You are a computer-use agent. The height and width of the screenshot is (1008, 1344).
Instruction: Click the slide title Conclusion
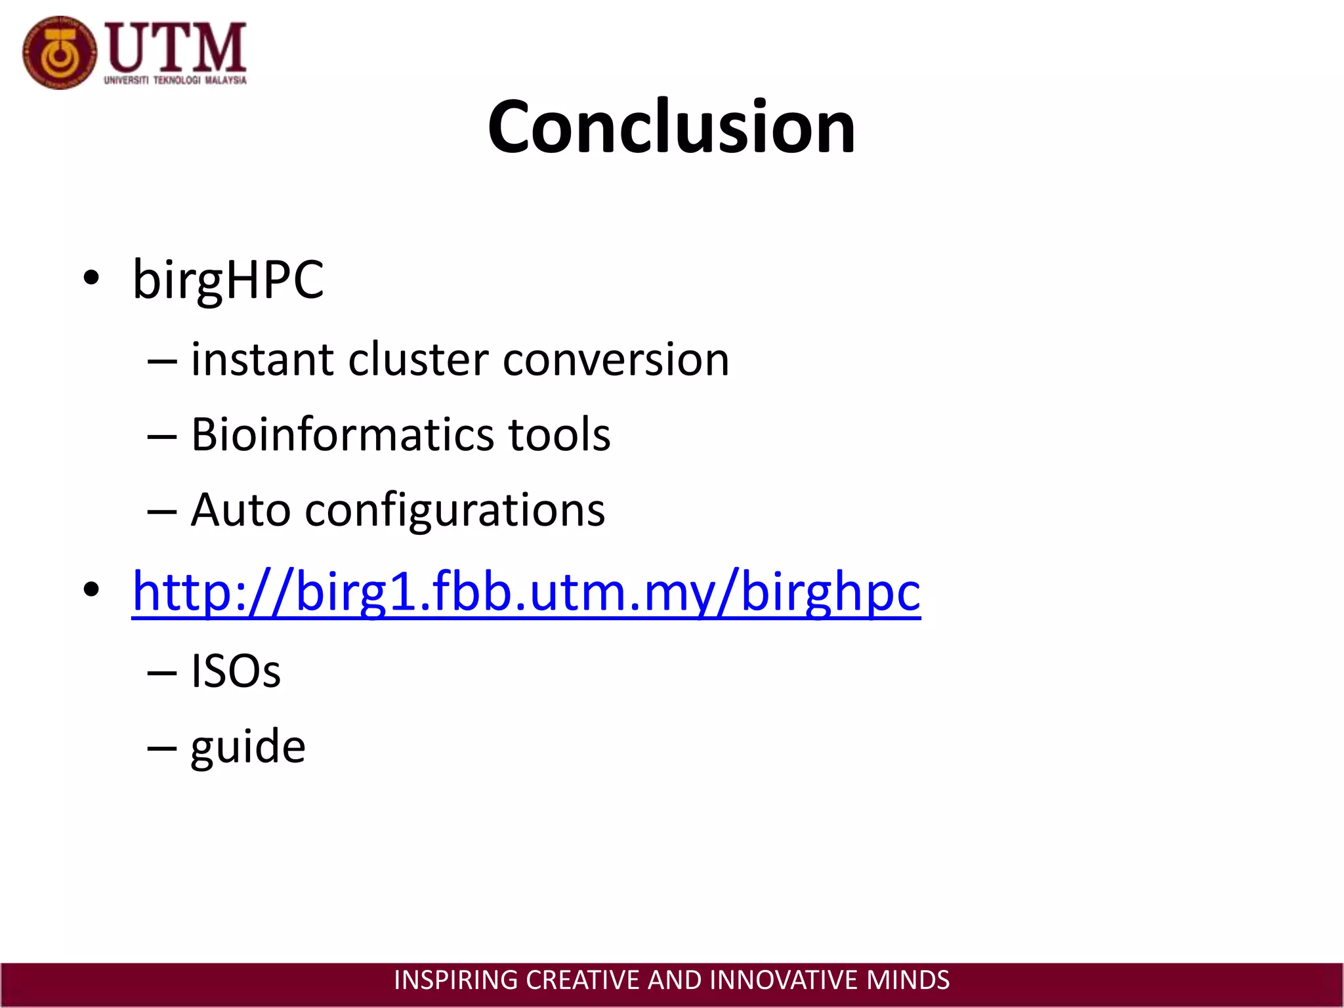coord(671,127)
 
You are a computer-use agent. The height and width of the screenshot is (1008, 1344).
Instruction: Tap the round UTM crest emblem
coord(59,53)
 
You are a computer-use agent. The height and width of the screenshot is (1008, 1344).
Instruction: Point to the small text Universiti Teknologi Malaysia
coord(175,81)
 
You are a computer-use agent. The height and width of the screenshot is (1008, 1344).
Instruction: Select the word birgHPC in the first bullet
coord(228,280)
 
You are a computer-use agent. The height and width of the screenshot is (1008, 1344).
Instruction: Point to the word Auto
coord(240,510)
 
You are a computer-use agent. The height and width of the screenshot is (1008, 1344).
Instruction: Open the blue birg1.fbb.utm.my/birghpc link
coord(526,591)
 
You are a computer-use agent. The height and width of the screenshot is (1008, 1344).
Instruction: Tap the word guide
coord(248,747)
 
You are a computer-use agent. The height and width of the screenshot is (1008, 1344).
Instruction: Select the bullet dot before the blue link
coord(91,589)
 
